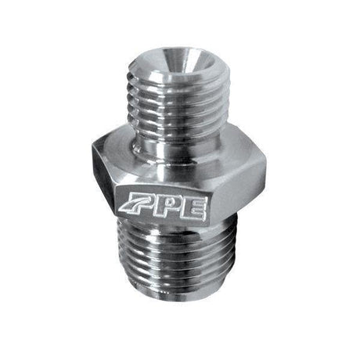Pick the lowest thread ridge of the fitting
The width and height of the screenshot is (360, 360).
click(176, 301)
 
